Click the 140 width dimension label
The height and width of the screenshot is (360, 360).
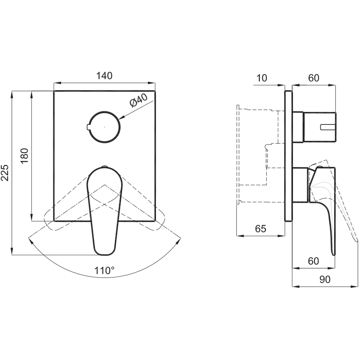(104, 76)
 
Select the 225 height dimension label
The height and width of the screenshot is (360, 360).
(5, 173)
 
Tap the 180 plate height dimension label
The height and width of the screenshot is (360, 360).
(24, 156)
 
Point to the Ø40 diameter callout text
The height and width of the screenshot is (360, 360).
(138, 100)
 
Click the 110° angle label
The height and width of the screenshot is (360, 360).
(104, 271)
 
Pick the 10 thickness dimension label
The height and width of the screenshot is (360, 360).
(261, 78)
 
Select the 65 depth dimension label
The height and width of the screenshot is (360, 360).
(261, 229)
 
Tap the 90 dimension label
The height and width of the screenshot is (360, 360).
(325, 279)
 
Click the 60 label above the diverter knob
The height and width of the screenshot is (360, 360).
(314, 78)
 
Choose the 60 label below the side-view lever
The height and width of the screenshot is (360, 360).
(314, 261)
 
